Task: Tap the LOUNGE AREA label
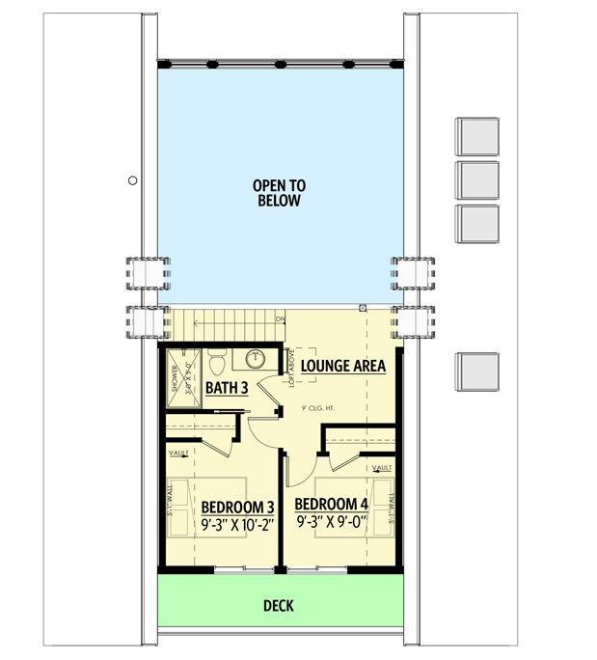342,367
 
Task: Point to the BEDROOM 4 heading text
331,505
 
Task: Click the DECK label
279,606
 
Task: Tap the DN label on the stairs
280,319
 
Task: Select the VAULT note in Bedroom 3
178,452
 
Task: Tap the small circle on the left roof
132,179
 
